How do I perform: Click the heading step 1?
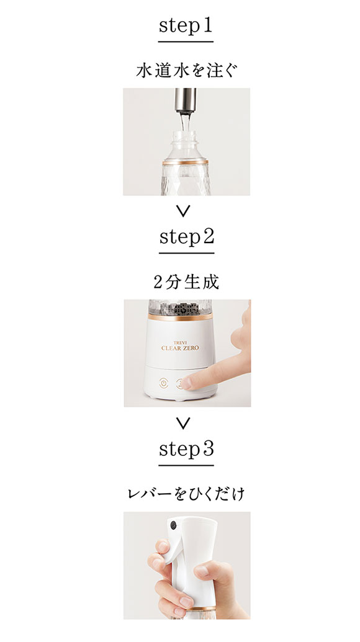click(186, 27)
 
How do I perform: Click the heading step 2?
click(186, 238)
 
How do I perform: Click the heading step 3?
click(186, 449)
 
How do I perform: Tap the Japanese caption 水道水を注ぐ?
click(186, 69)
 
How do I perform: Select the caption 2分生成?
click(186, 282)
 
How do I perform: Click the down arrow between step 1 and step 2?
click(182, 212)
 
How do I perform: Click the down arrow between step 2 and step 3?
click(182, 424)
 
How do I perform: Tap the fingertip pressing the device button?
click(187, 383)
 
